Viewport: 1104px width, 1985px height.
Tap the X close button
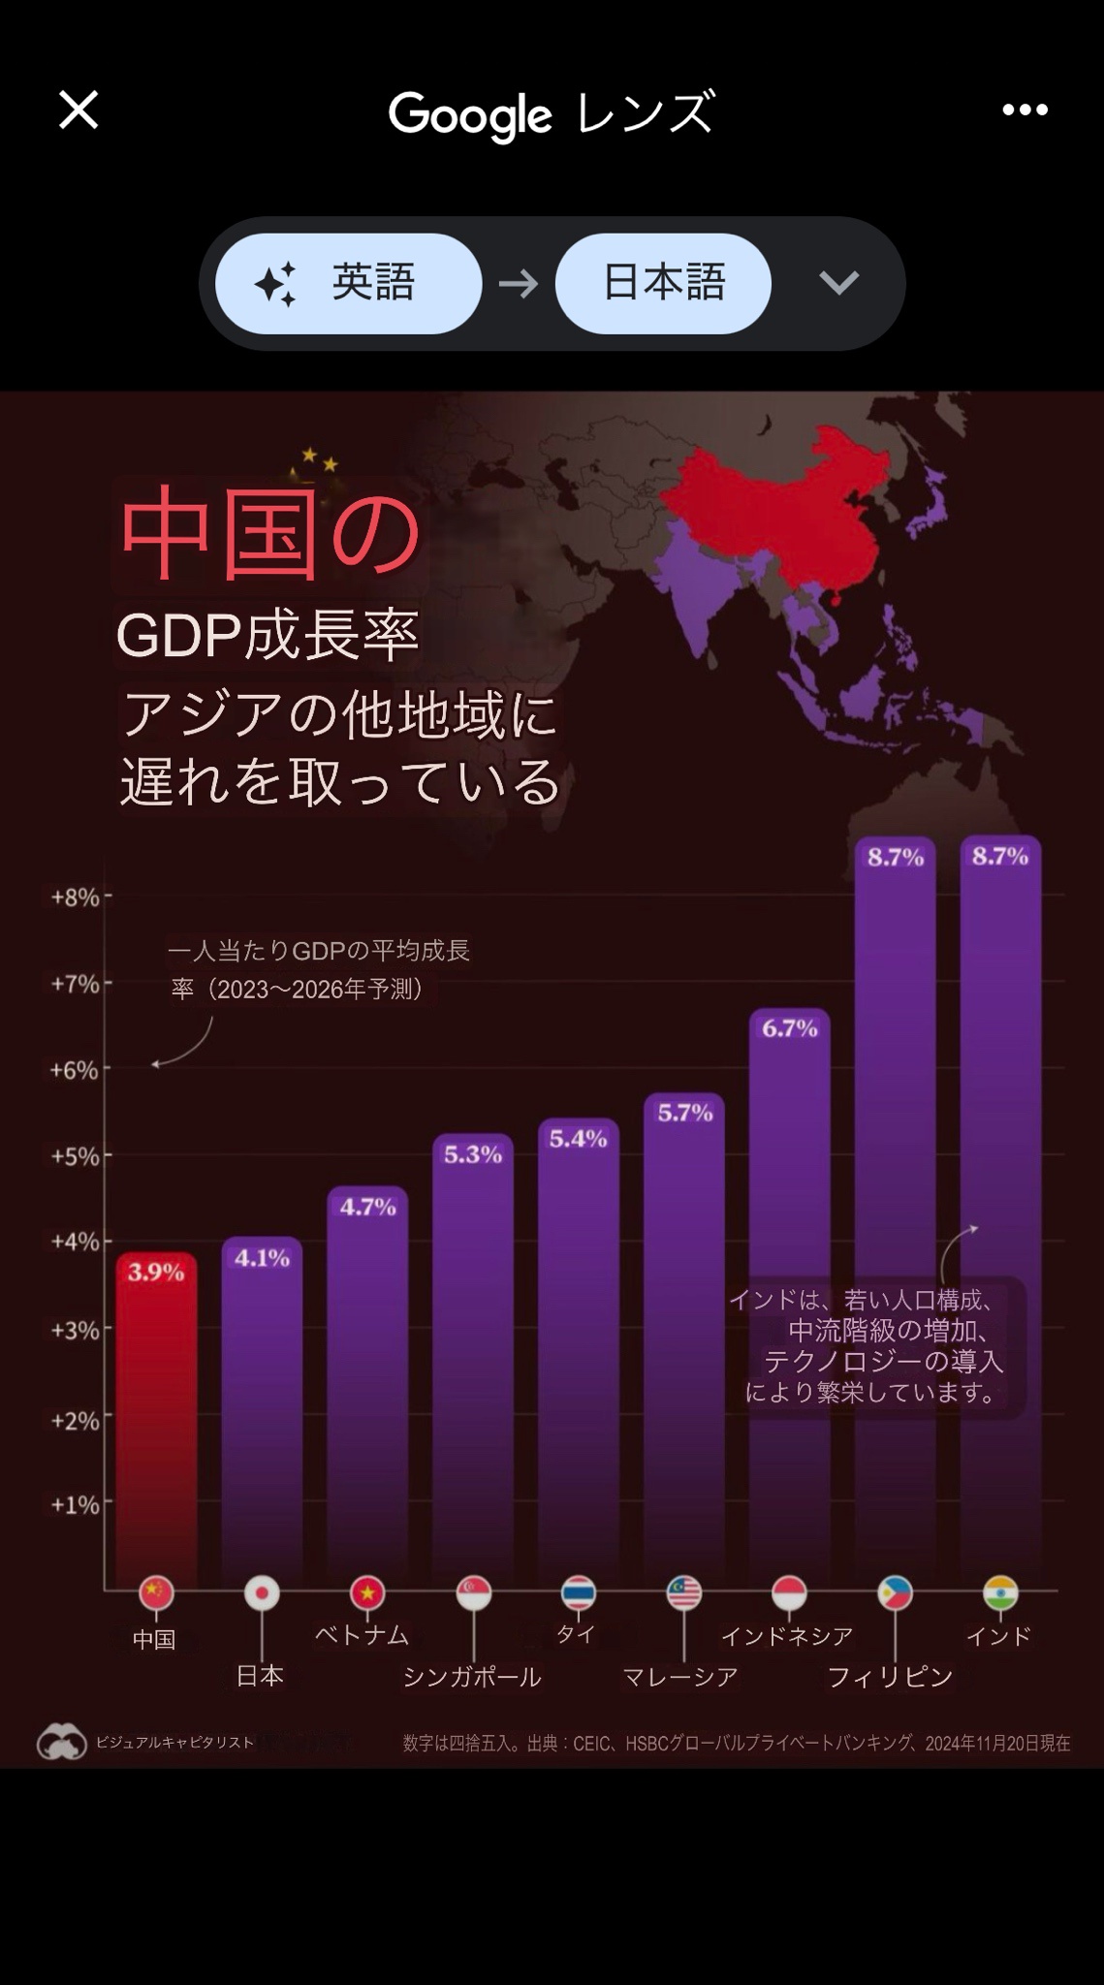79,110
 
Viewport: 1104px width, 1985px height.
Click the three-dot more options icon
1025,110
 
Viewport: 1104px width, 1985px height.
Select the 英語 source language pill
348,283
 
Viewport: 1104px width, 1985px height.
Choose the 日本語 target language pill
663,283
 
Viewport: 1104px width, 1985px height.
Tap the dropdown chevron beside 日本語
838,283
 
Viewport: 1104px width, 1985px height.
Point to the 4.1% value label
262,1258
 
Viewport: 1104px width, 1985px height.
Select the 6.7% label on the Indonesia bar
789,1028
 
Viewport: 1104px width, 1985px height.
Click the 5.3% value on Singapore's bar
473,1154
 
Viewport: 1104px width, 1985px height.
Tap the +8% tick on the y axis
76,898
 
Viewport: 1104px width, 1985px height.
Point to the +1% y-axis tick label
76,1504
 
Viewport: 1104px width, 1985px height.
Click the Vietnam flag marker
367,1592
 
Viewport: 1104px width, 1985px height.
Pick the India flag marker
1000,1592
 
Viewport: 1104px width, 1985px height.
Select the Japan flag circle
262,1592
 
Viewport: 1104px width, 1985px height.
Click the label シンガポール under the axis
472,1677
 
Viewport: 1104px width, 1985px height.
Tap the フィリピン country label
890,1677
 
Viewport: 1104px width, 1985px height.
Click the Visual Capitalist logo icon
62,1742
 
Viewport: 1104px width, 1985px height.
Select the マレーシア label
680,1677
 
